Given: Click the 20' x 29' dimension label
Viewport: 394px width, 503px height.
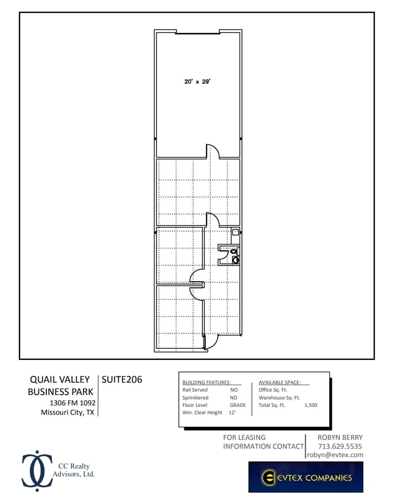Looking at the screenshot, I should [x=197, y=82].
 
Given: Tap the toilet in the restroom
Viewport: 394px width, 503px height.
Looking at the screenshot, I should [x=235, y=251].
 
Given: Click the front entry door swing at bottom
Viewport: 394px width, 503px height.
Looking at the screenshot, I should [x=212, y=342].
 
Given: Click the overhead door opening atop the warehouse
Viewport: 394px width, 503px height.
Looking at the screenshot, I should [x=198, y=34].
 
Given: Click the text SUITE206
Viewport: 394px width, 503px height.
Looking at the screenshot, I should [x=121, y=379].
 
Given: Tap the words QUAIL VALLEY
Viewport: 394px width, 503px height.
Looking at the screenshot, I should [x=60, y=379].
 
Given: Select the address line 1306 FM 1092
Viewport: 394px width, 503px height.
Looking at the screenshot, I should [x=70, y=402].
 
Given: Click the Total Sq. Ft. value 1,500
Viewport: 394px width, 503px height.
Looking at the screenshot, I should [x=311, y=405].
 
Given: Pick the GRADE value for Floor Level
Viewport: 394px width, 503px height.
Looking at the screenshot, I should [x=237, y=405].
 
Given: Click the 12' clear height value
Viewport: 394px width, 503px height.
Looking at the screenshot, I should [x=232, y=413].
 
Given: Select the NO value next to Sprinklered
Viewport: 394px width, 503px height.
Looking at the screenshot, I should [x=234, y=397].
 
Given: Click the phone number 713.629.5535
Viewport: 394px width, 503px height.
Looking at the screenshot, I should [x=340, y=446].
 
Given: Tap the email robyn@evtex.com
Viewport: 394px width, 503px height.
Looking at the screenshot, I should [x=335, y=455].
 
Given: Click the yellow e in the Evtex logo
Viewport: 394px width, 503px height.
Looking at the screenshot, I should [x=269, y=477].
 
